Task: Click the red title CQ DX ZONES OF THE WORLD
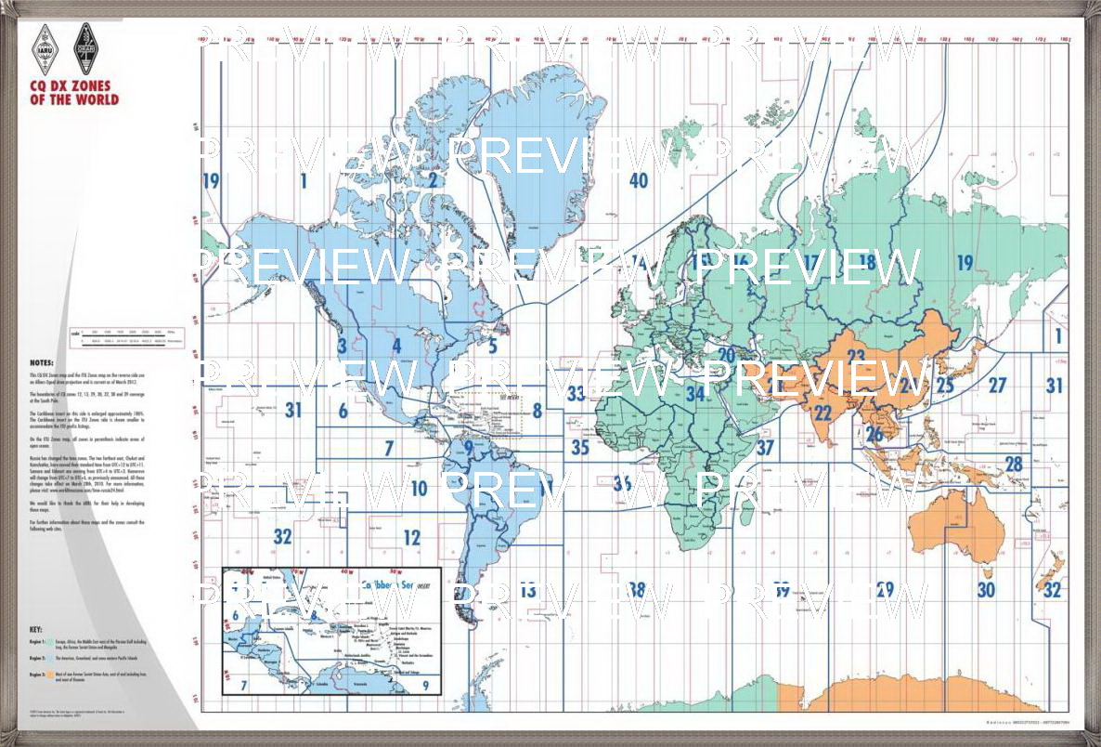74,93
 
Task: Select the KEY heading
36,629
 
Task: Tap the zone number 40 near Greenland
638,180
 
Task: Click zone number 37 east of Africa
765,447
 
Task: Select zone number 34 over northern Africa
695,394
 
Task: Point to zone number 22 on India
823,413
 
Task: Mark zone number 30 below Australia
986,589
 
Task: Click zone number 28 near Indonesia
1014,464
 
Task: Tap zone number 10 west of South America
419,489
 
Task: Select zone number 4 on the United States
396,347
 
